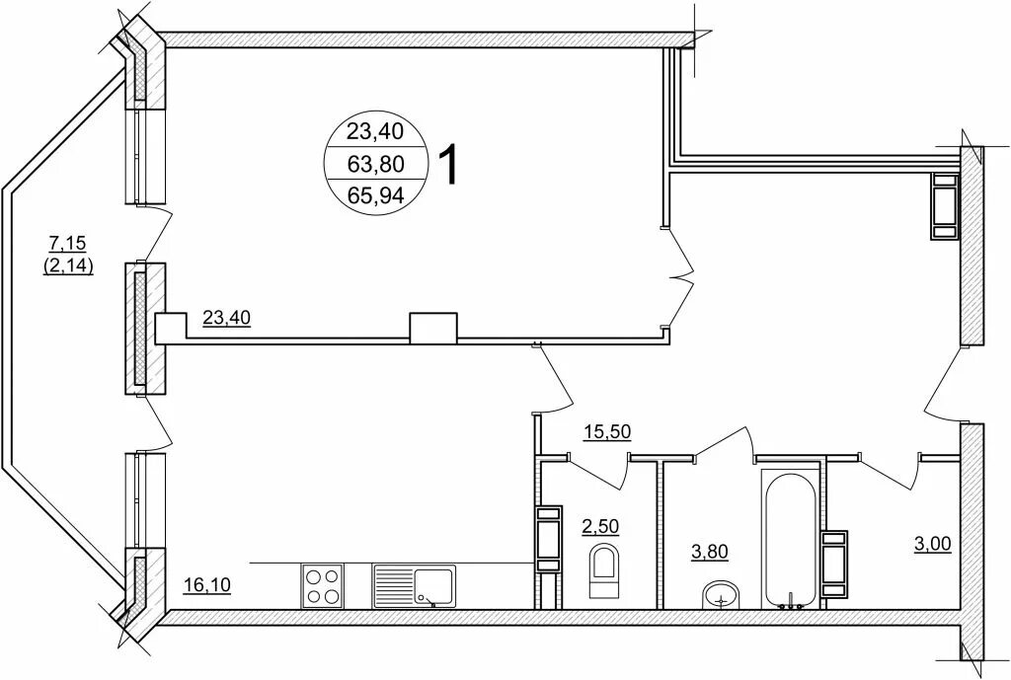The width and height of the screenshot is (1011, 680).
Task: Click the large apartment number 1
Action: point(449,165)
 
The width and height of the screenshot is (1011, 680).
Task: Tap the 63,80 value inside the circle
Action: point(375,165)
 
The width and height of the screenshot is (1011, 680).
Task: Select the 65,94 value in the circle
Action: point(375,194)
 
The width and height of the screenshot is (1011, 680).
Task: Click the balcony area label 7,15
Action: point(68,243)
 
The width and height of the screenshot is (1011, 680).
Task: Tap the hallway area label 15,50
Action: point(606,431)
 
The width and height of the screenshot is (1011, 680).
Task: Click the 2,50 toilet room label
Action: point(600,526)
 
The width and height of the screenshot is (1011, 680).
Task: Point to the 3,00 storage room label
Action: point(932,544)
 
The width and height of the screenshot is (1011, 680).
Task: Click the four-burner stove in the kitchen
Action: point(322,585)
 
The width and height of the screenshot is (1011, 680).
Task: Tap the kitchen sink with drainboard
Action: point(414,586)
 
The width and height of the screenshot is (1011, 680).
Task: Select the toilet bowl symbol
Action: point(603,571)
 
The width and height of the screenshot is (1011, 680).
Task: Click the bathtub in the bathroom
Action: point(790,539)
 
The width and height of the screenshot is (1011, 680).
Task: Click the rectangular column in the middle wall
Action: point(433,328)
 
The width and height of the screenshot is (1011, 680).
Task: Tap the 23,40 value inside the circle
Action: point(375,131)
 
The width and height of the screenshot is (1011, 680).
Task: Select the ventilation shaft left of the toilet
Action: point(549,540)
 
